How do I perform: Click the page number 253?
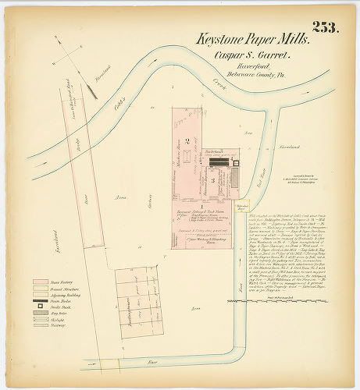click(x=325, y=27)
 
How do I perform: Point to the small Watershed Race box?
click(x=242, y=207)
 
